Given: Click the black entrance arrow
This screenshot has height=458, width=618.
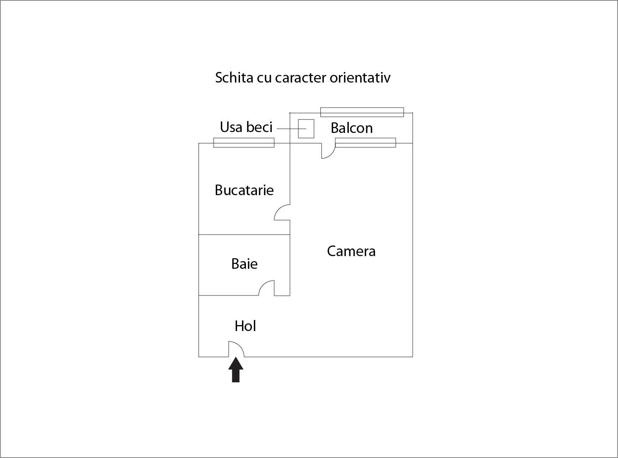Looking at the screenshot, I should click(x=236, y=370).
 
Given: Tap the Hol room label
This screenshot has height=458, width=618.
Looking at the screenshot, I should click(x=245, y=326).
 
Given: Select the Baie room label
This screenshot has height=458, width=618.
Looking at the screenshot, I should click(x=244, y=264).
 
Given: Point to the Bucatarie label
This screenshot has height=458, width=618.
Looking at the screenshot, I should click(x=244, y=190).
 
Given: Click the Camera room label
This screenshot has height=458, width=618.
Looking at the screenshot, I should click(x=351, y=251).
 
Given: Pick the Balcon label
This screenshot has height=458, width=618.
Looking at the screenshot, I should click(x=351, y=128).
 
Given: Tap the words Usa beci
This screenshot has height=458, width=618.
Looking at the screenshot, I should click(x=246, y=127).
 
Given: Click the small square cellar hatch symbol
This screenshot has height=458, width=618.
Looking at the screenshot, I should click(x=306, y=129).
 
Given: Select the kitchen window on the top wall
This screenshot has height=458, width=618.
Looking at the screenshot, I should click(x=244, y=143).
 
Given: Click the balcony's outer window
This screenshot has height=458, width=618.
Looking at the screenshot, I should click(x=362, y=112).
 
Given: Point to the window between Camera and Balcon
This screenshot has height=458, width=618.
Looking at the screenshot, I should click(x=365, y=143).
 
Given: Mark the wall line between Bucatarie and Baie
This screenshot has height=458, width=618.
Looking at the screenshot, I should click(x=244, y=235).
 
